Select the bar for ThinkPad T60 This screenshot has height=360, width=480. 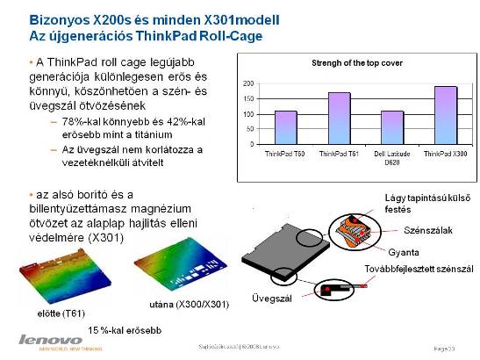[x=285, y=127]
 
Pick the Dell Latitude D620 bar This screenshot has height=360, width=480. [x=391, y=127]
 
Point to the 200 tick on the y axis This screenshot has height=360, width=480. [x=248, y=83]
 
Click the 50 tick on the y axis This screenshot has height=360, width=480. [x=250, y=129]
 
